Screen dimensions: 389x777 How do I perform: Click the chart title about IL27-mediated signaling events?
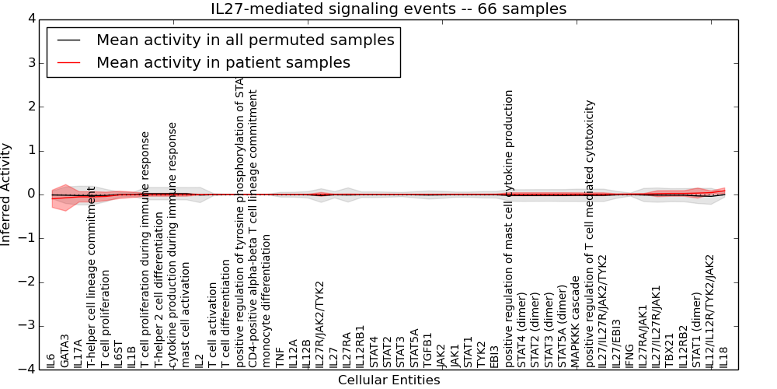coord(388,9)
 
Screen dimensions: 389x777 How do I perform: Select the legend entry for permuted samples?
coord(245,40)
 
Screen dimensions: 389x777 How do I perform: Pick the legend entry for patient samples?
coord(223,62)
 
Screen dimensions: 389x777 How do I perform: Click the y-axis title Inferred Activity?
coord(7,194)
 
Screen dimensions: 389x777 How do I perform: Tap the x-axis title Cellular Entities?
coord(388,380)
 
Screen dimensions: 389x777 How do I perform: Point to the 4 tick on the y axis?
coord(30,19)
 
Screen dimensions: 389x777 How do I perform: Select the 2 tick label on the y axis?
coord(30,107)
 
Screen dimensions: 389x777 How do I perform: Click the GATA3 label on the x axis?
coord(65,351)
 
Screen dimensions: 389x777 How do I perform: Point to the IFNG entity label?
coord(629,354)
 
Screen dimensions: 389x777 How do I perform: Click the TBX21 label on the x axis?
coord(670,352)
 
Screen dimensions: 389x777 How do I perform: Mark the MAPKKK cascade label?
coord(576,322)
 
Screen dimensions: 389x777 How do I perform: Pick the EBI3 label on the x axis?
coord(494,355)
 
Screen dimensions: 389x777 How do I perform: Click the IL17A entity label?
coord(78,352)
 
